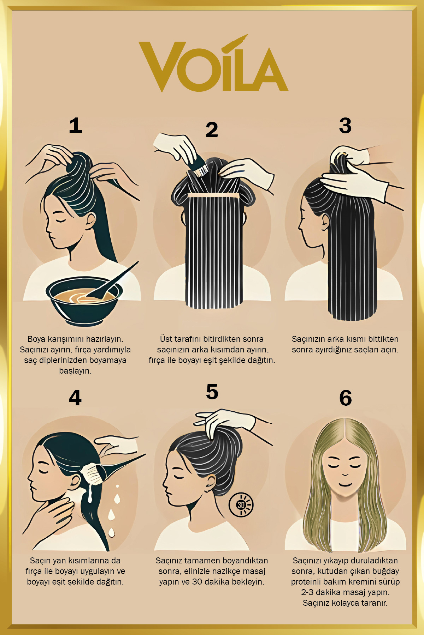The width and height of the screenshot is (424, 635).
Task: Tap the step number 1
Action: coord(76,126)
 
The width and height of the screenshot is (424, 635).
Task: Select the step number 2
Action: coord(212,130)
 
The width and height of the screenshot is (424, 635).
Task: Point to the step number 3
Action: coord(345,126)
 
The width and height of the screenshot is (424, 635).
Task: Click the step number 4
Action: coord(75,398)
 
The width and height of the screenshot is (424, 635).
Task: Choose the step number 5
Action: coord(212,392)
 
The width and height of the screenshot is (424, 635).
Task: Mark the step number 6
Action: coord(345,398)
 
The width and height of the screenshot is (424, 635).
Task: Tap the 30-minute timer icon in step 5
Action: coord(241,504)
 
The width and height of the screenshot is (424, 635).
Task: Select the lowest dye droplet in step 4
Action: coord(112,532)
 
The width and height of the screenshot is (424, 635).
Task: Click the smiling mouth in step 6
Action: coord(345,485)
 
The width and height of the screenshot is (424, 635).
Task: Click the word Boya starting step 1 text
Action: coord(36,339)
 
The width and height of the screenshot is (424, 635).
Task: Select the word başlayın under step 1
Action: coord(75,371)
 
